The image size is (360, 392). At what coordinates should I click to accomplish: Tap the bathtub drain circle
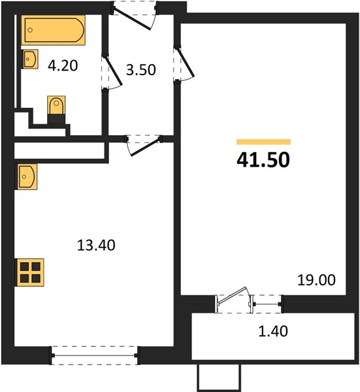click(30, 30)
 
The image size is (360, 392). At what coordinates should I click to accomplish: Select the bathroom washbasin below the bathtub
click(30, 59)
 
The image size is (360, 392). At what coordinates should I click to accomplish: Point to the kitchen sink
click(26, 176)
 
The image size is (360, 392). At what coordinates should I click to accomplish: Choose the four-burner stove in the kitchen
click(30, 272)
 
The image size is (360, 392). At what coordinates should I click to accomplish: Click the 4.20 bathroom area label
click(63, 66)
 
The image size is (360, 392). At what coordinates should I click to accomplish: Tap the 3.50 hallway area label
click(141, 70)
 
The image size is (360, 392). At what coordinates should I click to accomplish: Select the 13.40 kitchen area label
click(96, 245)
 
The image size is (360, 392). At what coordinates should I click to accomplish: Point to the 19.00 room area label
click(316, 280)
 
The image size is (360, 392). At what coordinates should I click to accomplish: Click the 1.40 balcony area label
click(273, 331)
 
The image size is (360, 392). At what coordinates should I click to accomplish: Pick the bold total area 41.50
click(263, 159)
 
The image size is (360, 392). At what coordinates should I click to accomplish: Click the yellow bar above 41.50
click(263, 142)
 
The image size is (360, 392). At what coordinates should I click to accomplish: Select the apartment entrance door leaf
click(132, 20)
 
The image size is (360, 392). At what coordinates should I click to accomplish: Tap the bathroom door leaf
click(114, 71)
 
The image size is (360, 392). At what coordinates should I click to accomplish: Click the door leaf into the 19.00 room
click(186, 63)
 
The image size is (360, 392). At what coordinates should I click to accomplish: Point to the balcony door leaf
click(232, 296)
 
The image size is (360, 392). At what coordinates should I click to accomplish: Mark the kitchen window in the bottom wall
click(94, 355)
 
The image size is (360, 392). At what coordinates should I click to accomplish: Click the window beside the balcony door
click(267, 304)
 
